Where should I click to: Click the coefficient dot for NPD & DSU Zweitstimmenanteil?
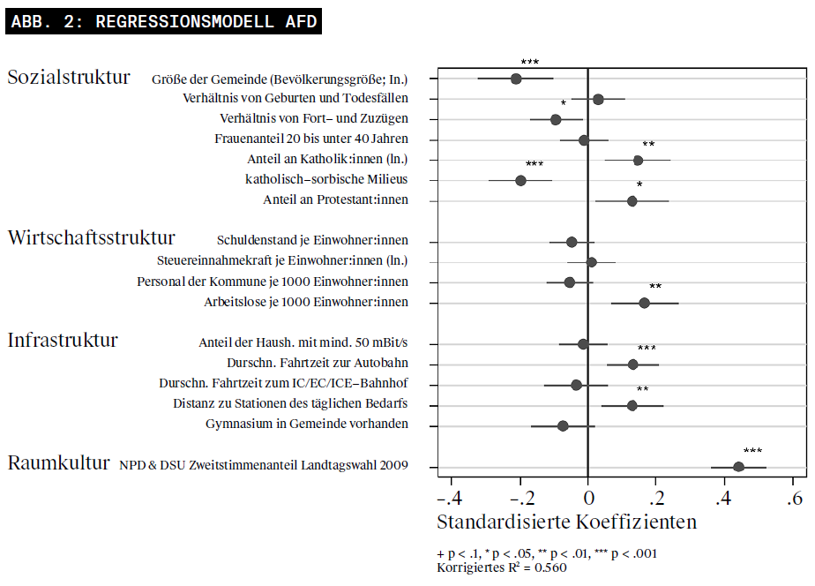pos(738,467)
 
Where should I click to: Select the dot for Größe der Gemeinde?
pos(516,79)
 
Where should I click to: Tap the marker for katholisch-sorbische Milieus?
pos(520,180)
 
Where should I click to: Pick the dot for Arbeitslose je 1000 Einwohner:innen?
pos(644,303)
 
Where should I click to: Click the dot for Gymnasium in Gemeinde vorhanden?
pos(563,425)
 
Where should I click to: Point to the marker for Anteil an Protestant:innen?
pos(632,201)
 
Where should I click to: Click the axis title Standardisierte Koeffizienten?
pos(566,522)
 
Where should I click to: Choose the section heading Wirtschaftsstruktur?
pos(91,237)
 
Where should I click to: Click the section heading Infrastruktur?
pos(63,340)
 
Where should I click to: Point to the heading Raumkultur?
pos(58,462)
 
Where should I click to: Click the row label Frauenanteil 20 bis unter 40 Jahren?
pos(311,139)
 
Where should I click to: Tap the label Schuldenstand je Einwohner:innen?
pos(312,241)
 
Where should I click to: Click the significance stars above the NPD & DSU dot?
pos(752,451)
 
